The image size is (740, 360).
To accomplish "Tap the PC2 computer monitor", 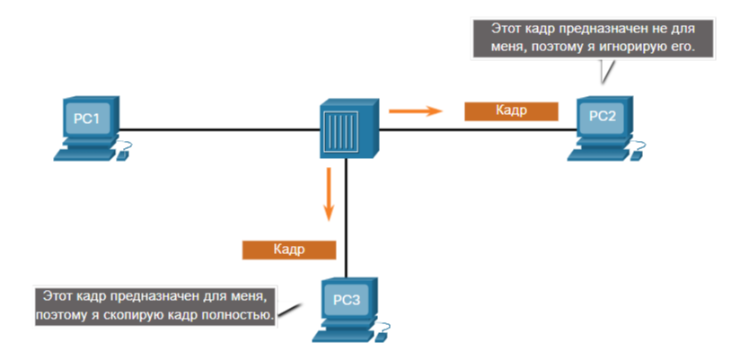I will point(602,117).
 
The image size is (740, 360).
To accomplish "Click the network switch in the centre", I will point(351,129).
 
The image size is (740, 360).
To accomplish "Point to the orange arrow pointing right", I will point(416,110).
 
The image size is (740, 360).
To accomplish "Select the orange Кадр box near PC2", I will point(511,111).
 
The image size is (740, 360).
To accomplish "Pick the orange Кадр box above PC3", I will point(288,248).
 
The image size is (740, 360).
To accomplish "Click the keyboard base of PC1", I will point(86,154).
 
